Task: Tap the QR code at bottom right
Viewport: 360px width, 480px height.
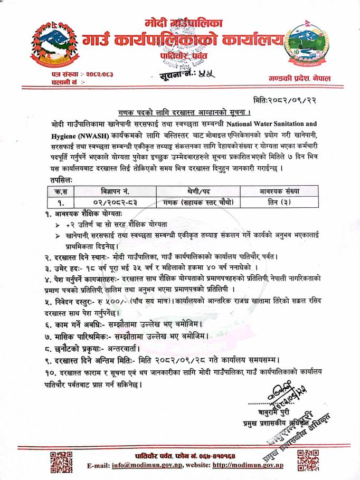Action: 308,460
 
